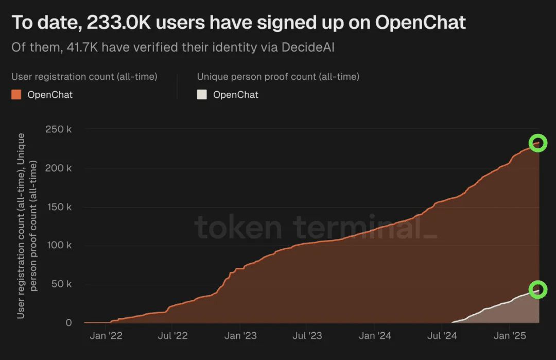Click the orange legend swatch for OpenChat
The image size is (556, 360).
click(16, 95)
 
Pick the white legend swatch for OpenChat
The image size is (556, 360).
click(202, 95)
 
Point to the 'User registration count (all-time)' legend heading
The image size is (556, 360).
click(84, 77)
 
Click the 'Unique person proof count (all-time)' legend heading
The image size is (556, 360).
click(278, 77)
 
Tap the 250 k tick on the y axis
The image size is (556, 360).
click(59, 129)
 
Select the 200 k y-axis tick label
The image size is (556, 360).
click(59, 168)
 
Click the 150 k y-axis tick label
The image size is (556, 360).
click(59, 208)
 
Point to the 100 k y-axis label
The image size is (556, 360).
click(59, 245)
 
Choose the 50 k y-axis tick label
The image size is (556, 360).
click(61, 284)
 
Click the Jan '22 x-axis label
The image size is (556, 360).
click(106, 336)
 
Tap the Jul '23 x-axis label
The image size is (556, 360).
click(307, 336)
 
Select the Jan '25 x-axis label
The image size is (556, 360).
click(509, 336)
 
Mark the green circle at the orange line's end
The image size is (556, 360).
click(538, 143)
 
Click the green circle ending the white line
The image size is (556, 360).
click(538, 289)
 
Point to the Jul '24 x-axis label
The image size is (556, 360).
click(442, 336)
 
